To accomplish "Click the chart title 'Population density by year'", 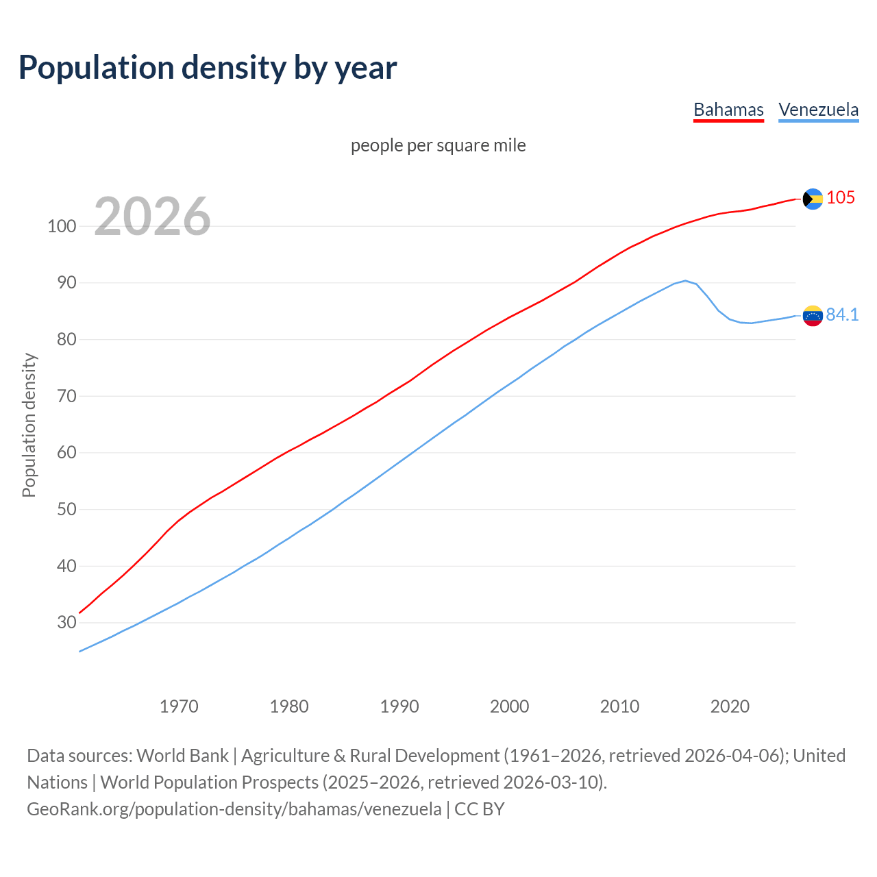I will (208, 68).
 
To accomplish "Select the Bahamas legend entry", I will (728, 110).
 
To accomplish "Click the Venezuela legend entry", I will (818, 110).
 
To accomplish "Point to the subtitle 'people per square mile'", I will (438, 145).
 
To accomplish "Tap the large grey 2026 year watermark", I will (152, 217).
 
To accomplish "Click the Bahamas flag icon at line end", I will (813, 199).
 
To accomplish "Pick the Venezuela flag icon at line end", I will (813, 315).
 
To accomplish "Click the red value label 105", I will (841, 198).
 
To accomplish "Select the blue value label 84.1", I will (842, 314).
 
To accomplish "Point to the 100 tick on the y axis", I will (61, 226).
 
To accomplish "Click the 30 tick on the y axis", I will (66, 622).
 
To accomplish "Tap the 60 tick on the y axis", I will (66, 453).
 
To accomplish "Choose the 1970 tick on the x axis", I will (179, 706).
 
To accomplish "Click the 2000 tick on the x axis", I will (509, 706).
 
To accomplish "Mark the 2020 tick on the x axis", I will (730, 706).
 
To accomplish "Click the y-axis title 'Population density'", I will (29, 425).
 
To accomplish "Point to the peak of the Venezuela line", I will (684, 280).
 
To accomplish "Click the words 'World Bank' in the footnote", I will (182, 756).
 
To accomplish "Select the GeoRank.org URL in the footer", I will (234, 809).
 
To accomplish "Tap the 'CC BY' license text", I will (480, 809).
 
